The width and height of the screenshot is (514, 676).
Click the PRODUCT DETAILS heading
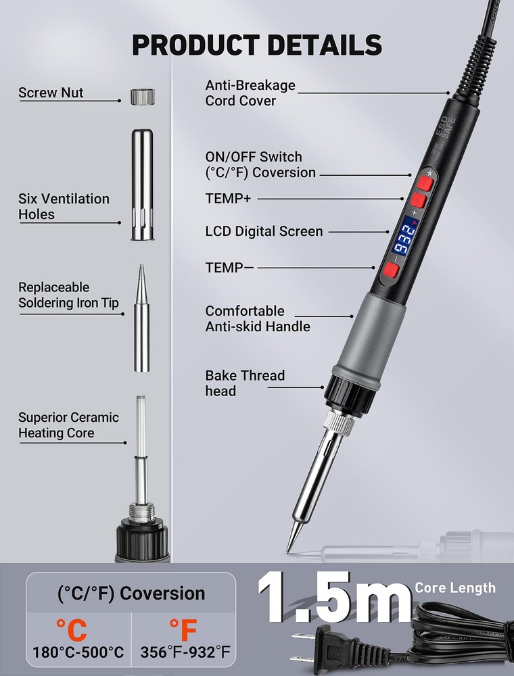pos(257,45)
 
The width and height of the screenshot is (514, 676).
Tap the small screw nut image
pos(143,97)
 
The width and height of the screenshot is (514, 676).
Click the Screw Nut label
pos(51,93)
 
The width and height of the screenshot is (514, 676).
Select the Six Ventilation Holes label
pos(64,206)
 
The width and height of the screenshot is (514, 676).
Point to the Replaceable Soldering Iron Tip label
pos(68,295)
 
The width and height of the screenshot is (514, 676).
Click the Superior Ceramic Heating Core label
pos(68,425)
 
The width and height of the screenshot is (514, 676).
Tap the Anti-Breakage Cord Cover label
pos(250,93)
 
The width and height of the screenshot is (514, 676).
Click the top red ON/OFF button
pos(425,184)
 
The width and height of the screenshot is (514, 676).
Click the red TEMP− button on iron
pos(391,270)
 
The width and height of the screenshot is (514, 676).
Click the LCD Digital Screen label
pos(264,231)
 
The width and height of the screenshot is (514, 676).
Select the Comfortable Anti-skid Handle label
pos(258,318)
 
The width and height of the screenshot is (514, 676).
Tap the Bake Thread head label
pos(245,383)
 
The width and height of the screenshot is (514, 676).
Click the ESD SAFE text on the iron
pos(446,128)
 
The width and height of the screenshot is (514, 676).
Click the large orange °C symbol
pos(72,630)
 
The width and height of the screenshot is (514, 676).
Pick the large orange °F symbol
pos(183,630)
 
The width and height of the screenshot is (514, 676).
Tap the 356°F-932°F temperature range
pos(185,652)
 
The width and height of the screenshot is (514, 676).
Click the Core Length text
pos(455,587)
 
